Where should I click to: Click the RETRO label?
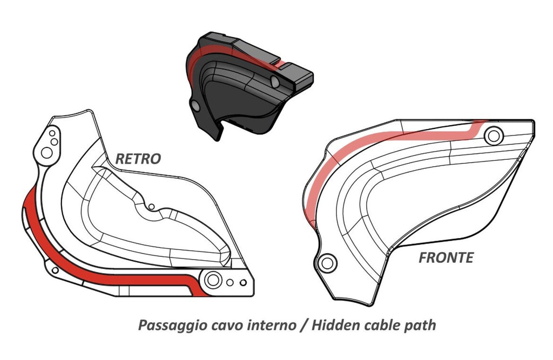[138, 159]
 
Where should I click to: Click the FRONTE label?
[446, 257]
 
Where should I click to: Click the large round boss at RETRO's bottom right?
[212, 280]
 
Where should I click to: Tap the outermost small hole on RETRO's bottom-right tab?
[244, 282]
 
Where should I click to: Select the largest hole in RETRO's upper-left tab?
[47, 152]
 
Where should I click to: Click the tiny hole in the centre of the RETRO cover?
[152, 206]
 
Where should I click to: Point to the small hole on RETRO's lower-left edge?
[55, 270]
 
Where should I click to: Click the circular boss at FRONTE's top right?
[492, 135]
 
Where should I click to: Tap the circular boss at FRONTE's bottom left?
[326, 263]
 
